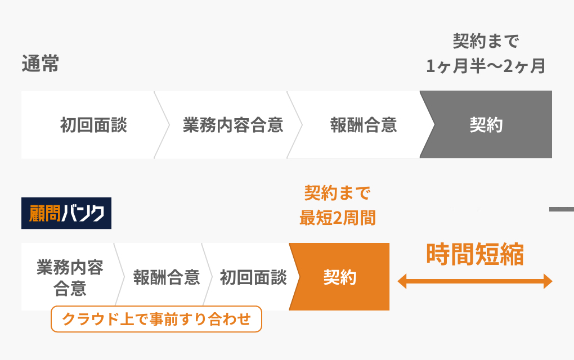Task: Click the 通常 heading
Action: pos(41,64)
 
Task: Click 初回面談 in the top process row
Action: pos(94,125)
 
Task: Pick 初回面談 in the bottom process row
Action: pos(253,277)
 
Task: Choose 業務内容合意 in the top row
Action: pos(233,125)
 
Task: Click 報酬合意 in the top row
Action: pos(364,125)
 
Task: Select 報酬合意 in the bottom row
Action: pos(167,277)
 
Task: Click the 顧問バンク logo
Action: pos(66,213)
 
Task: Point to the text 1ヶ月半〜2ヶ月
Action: pos(486,66)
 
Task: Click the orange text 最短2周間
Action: pos(338,218)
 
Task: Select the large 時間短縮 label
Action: pos(475,254)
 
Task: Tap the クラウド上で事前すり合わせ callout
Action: pos(156,319)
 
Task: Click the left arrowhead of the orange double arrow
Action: pos(402,281)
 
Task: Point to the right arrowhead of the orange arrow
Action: pos(548,281)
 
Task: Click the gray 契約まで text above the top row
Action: pos(486,40)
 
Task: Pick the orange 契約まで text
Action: pos(338,192)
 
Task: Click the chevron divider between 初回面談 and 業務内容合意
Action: pos(162,125)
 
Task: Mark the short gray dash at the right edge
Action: pos(562,209)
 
